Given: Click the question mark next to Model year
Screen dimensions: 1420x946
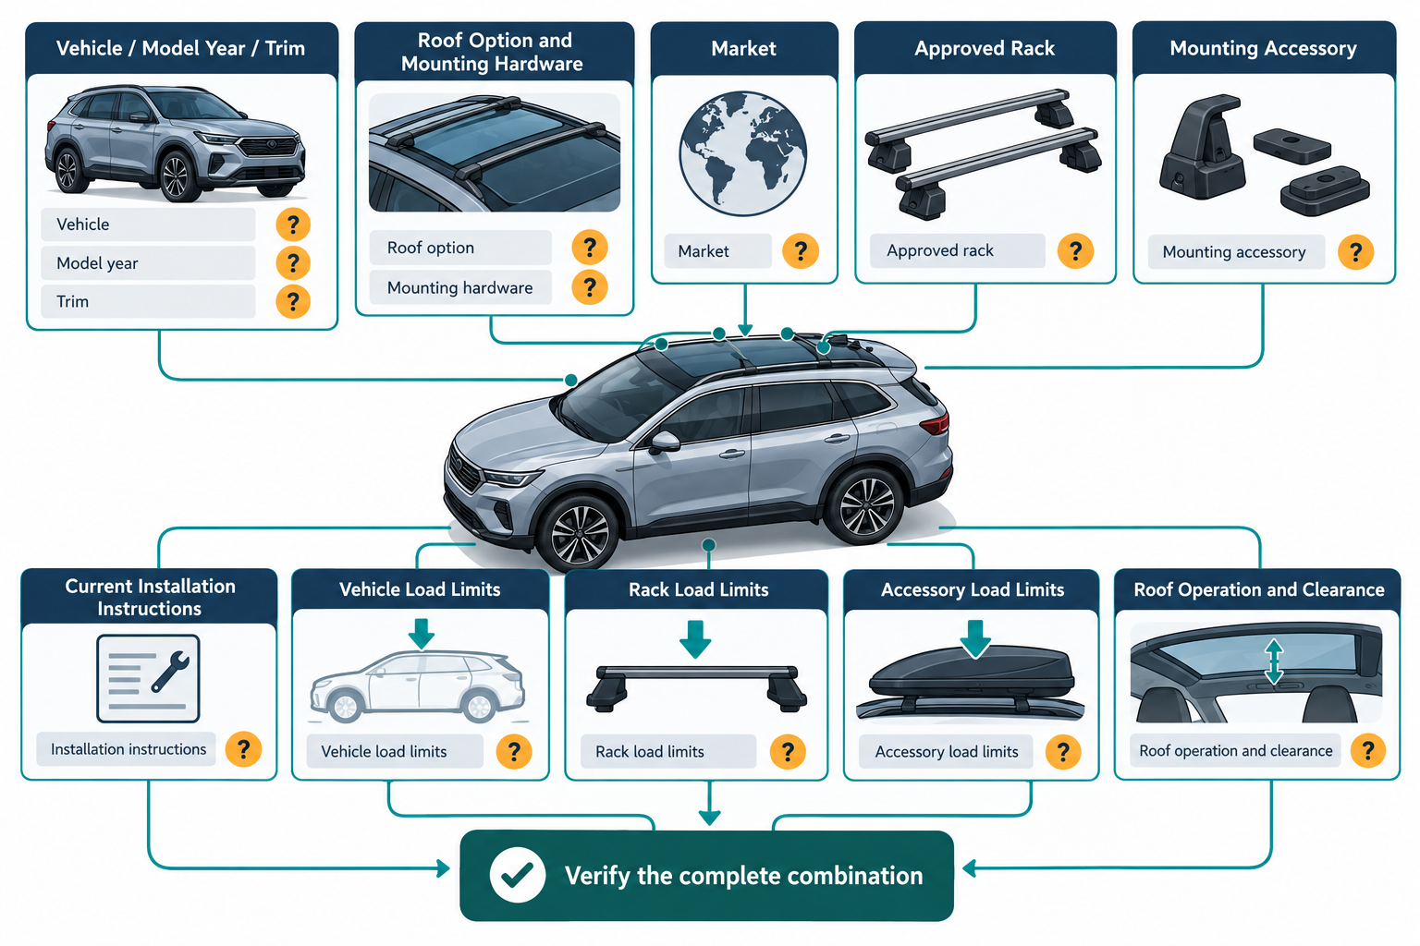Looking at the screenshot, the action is [293, 263].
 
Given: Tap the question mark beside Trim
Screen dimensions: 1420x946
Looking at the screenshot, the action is [293, 301].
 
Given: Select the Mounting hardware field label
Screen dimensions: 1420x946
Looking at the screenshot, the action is [459, 287].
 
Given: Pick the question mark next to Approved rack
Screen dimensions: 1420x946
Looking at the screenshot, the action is [1075, 251].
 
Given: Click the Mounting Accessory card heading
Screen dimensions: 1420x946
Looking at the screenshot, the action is [1263, 48].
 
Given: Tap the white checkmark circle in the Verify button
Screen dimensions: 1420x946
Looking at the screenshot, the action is [518, 875].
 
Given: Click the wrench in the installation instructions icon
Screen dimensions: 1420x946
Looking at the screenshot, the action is [169, 671].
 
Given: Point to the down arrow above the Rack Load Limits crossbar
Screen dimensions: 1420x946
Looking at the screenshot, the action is [695, 638].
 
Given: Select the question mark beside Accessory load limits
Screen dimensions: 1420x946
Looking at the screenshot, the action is [1062, 751].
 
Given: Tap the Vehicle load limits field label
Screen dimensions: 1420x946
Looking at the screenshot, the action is [384, 751].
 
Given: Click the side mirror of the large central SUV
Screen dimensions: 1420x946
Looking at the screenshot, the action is [663, 443].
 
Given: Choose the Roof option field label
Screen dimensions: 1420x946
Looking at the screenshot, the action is [431, 248].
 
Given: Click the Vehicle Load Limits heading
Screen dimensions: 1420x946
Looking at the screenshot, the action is [420, 589].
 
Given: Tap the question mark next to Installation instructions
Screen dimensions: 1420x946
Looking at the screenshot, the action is [243, 749].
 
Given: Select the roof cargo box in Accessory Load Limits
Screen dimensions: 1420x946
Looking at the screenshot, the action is [972, 674].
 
